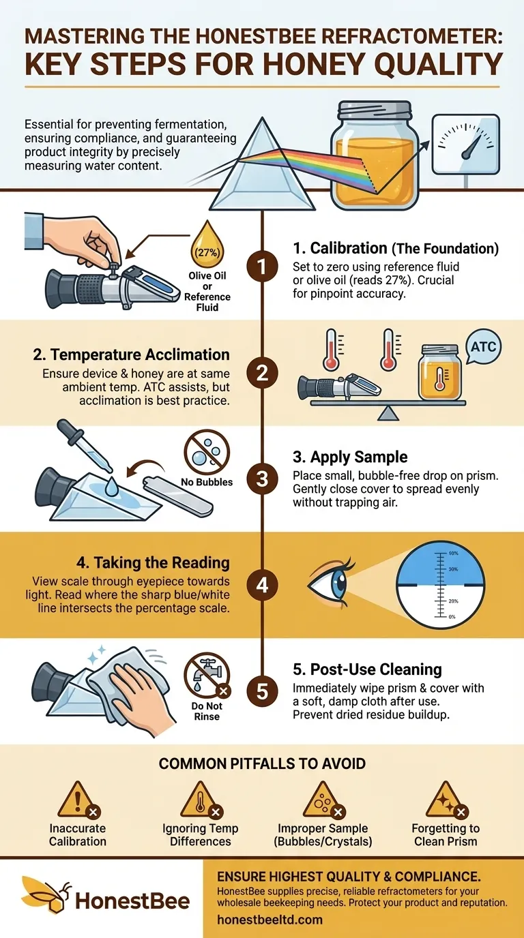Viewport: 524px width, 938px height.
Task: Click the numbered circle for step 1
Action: pyautogui.click(x=262, y=267)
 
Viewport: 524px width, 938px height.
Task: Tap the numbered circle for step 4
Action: pyautogui.click(x=262, y=585)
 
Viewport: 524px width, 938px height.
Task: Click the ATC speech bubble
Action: pyautogui.click(x=483, y=348)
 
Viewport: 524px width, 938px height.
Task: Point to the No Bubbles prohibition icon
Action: pyautogui.click(x=207, y=452)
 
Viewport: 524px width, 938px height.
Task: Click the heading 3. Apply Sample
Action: pyautogui.click(x=350, y=457)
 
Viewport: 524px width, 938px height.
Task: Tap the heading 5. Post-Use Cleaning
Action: pyautogui.click(x=367, y=669)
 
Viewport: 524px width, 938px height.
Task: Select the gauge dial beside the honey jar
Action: pyautogui.click(x=466, y=144)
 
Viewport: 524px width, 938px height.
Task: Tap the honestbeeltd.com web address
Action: pyautogui.click(x=270, y=920)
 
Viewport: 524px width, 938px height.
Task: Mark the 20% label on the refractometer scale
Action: pyautogui.click(x=453, y=601)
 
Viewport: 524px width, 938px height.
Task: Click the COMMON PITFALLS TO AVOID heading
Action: pyautogui.click(x=262, y=763)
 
